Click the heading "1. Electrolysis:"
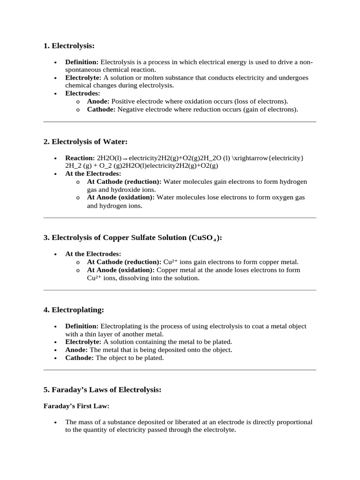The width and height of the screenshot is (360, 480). click(69, 45)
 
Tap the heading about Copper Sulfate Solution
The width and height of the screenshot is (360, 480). click(133, 238)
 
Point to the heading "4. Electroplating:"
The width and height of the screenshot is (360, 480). click(74, 310)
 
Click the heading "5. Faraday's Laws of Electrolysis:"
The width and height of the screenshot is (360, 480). click(102, 390)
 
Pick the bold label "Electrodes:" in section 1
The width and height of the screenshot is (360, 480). click(82, 93)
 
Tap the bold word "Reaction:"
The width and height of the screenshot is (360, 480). click(80, 158)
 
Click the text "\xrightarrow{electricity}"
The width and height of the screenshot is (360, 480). click(268, 158)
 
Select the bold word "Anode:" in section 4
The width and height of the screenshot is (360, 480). click(76, 350)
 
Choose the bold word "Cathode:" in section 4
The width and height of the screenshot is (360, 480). click(80, 358)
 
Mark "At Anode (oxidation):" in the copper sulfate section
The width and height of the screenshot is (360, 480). click(121, 270)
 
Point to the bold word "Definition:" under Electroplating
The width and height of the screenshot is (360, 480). click(82, 326)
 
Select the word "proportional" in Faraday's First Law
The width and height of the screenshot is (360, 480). click(294, 422)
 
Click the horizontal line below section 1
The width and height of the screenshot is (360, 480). click(180, 122)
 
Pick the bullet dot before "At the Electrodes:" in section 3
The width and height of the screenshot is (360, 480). click(56, 254)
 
